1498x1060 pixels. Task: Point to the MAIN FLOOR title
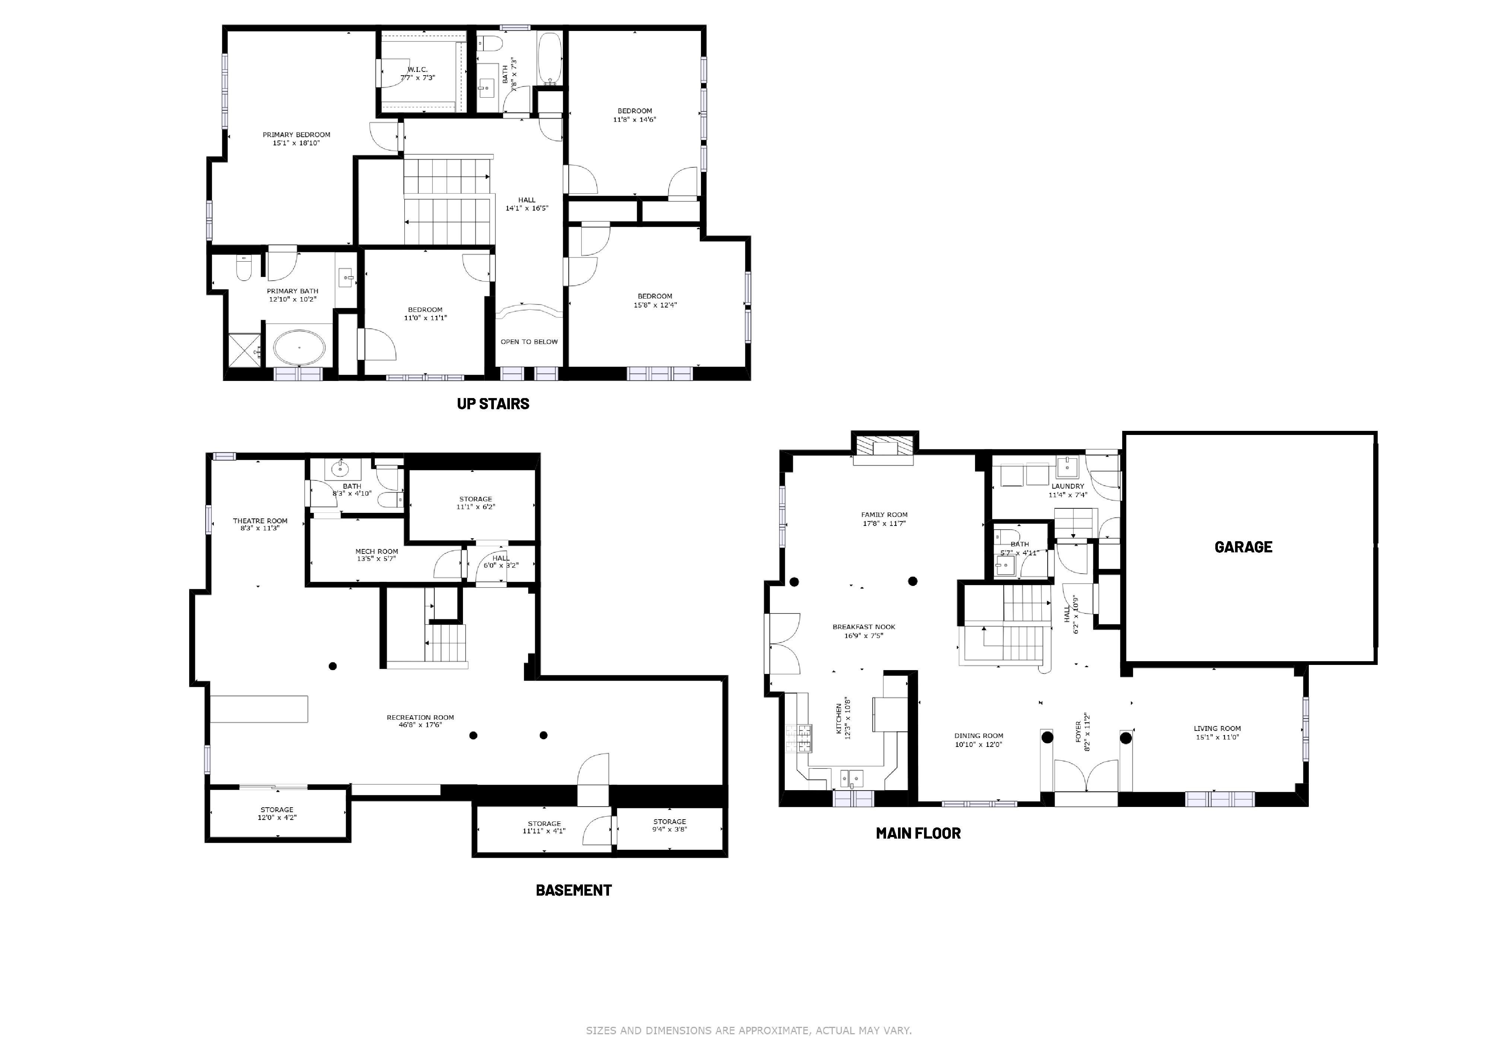918,833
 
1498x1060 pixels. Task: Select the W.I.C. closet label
418,69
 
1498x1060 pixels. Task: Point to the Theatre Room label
260,521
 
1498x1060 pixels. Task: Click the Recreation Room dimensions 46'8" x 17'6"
420,725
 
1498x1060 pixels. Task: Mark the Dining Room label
979,736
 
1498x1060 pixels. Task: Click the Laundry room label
1068,486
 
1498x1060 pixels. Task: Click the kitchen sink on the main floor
851,779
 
